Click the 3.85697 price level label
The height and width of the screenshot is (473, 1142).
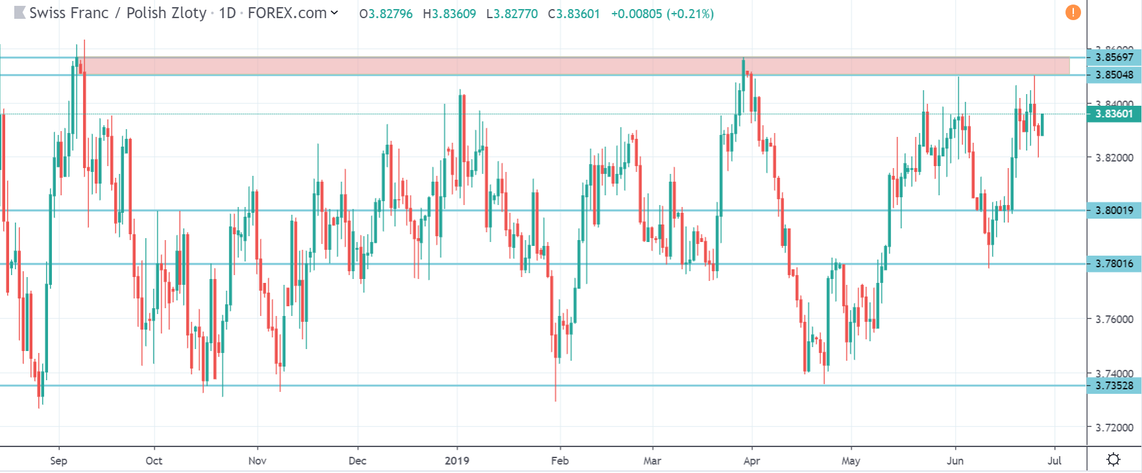(1114, 57)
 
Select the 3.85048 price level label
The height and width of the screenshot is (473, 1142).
(1114, 75)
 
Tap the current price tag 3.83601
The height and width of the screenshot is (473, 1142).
(1114, 114)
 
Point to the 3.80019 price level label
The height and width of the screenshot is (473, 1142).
(1114, 210)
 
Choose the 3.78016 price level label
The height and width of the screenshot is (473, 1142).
(1114, 263)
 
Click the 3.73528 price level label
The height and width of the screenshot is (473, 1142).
(1114, 385)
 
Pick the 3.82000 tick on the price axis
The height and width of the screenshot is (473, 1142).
(1114, 158)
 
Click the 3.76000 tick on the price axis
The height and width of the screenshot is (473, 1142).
(1114, 319)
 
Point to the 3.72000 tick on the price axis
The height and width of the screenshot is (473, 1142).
(1114, 428)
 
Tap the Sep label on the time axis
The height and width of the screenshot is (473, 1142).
(58, 461)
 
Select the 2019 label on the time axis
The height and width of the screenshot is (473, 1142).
(457, 461)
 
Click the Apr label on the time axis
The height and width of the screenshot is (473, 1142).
(752, 461)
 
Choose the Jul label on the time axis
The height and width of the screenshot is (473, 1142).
(1054, 461)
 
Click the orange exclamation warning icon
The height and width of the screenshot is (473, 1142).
(1073, 12)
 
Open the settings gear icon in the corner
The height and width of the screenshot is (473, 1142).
(1113, 459)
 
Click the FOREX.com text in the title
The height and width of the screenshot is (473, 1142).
(287, 14)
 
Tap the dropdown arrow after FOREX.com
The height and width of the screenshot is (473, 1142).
(335, 13)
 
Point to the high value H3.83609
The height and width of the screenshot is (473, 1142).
(449, 14)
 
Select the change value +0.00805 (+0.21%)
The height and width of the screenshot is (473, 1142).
(662, 14)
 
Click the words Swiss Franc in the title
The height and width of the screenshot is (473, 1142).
(69, 14)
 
